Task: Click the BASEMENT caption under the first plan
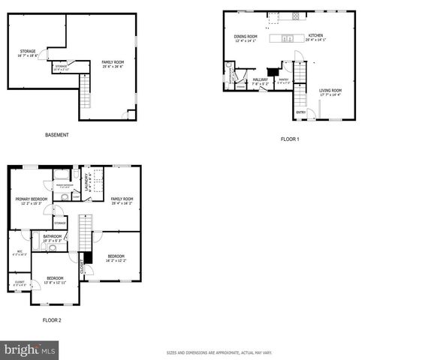point(56,135)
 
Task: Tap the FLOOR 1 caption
point(290,139)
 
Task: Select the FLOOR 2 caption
point(52,319)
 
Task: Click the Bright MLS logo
point(30,349)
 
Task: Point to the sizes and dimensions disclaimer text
point(219,352)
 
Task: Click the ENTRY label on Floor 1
point(301,112)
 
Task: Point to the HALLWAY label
point(261,80)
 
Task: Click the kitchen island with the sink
point(288,37)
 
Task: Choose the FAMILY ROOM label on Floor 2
point(122,200)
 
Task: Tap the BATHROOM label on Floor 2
point(52,238)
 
